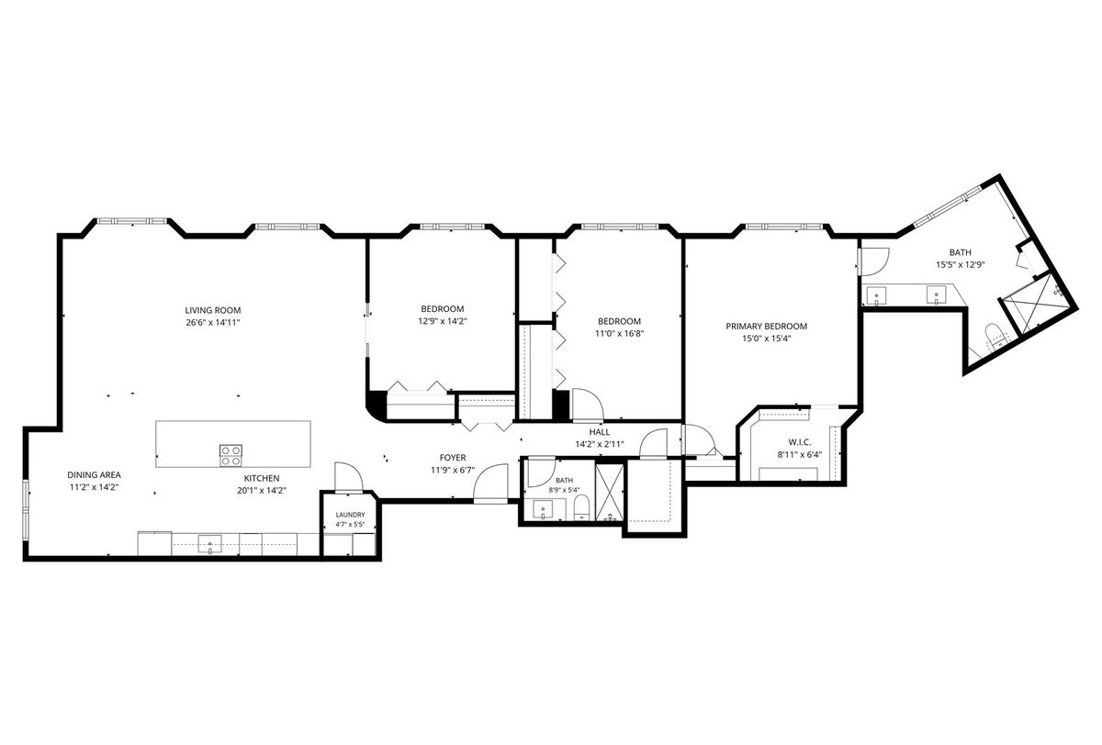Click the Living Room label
click(x=212, y=310)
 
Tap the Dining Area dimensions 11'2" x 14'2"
click(x=94, y=487)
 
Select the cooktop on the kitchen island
click(x=231, y=454)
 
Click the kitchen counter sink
click(x=210, y=544)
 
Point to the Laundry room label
click(x=350, y=515)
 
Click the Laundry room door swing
click(x=348, y=477)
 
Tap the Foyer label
click(x=453, y=458)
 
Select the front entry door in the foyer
click(x=490, y=483)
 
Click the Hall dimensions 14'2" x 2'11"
click(x=600, y=444)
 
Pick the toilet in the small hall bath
click(x=582, y=507)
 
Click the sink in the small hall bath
click(x=543, y=509)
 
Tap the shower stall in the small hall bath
click(x=610, y=493)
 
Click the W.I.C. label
click(x=800, y=442)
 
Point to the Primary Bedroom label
click(x=767, y=326)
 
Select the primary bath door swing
click(x=872, y=261)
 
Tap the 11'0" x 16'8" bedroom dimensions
click(x=619, y=334)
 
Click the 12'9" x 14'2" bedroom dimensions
click(x=443, y=321)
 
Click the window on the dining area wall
click(x=26, y=511)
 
